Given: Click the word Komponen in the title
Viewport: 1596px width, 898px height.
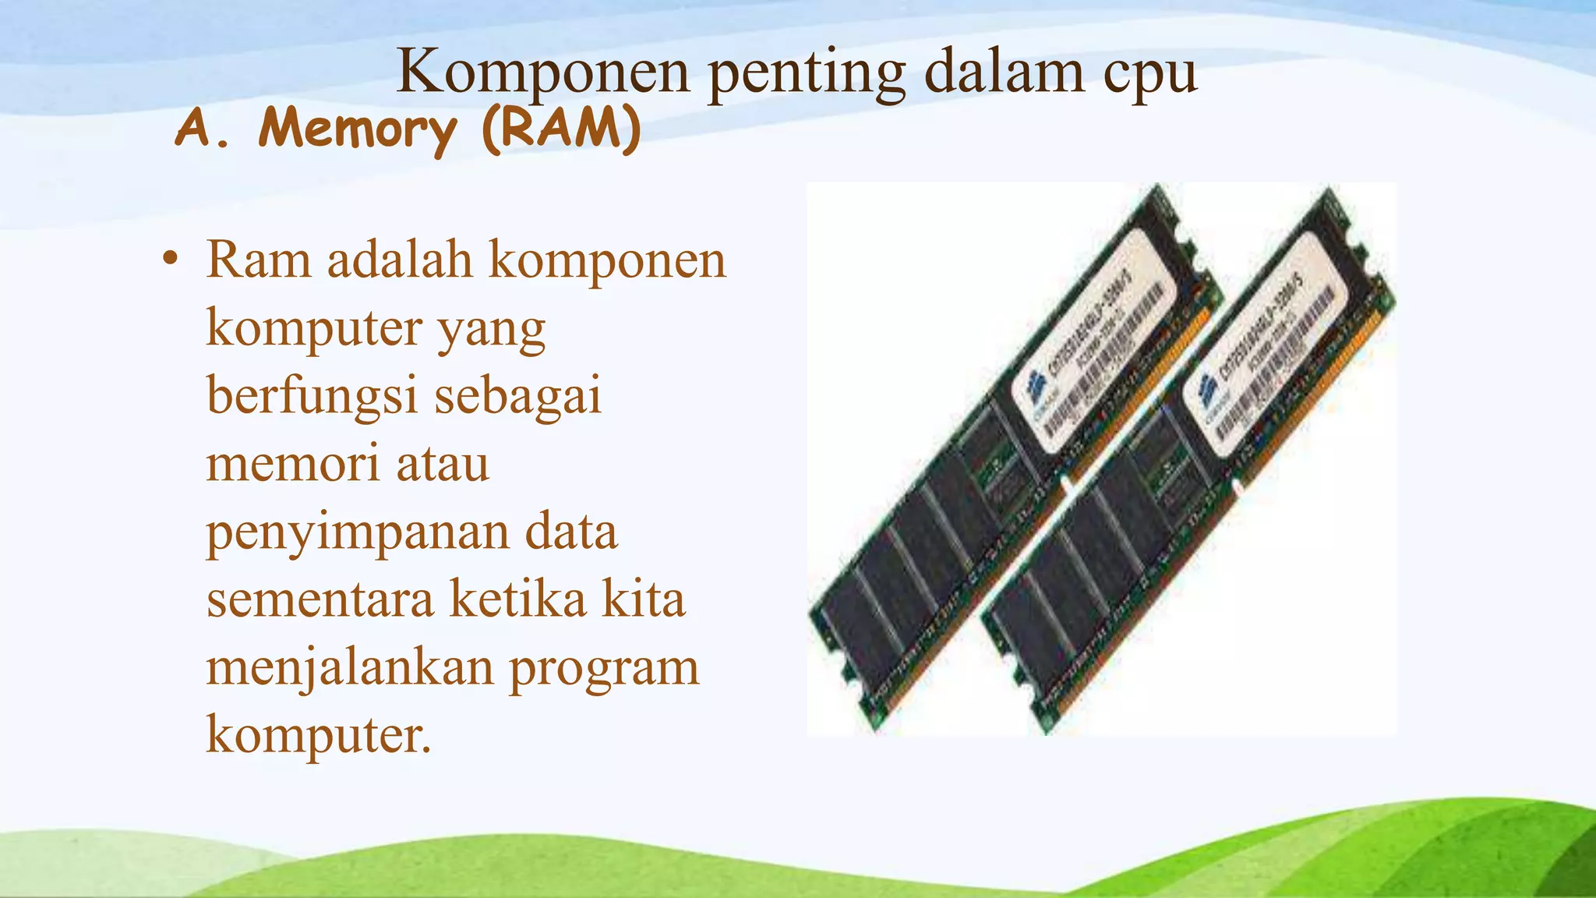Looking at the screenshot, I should (543, 72).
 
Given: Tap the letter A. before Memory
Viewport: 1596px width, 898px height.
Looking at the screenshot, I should (201, 128).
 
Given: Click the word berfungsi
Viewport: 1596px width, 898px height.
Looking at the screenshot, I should (312, 396).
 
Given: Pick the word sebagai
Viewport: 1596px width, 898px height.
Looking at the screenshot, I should (517, 396).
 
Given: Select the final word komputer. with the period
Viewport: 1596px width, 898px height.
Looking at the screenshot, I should (318, 735).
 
